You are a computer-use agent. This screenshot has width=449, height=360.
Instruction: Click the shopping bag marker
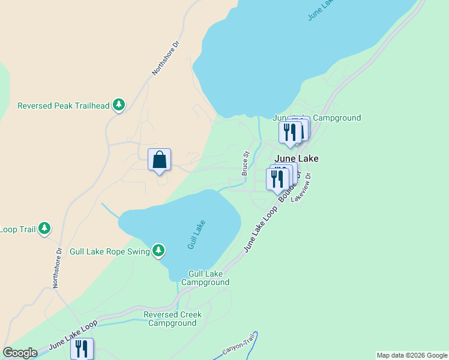tap(159, 161)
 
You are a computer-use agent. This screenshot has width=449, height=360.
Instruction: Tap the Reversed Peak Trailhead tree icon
tap(119, 106)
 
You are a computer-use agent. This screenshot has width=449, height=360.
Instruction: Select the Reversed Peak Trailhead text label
tap(64, 106)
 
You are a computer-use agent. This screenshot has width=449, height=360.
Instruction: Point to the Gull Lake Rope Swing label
tap(109, 251)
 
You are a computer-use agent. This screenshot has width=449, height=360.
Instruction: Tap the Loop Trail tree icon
tap(44, 229)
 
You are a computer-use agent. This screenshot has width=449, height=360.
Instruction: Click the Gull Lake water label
tap(196, 235)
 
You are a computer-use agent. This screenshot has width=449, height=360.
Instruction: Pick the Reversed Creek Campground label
tap(173, 319)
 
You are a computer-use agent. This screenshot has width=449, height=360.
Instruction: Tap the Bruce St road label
tap(246, 163)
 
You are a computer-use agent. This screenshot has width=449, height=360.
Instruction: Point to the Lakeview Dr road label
tap(302, 188)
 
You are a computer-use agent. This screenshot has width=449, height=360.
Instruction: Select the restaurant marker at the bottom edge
tap(82, 349)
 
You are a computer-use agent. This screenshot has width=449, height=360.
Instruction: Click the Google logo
tap(20, 353)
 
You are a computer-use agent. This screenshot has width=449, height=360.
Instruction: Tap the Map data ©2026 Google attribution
tap(412, 355)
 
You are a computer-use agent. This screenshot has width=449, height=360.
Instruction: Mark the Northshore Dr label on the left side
tap(57, 268)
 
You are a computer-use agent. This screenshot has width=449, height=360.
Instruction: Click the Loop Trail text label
tap(17, 229)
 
